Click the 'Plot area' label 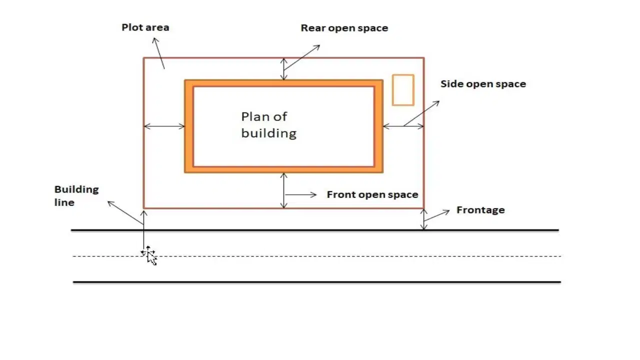tap(145, 27)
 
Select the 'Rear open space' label tap(344, 28)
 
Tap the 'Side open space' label tap(483, 84)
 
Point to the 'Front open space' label tap(372, 194)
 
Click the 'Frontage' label tap(480, 210)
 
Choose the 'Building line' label tap(76, 195)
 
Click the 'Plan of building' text tap(269, 125)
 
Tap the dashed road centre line tap(317, 256)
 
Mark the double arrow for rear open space tap(283, 69)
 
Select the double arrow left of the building tap(164, 126)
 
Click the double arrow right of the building tap(403, 126)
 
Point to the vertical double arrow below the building tap(283, 190)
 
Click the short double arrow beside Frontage tap(424, 219)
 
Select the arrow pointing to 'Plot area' tap(159, 53)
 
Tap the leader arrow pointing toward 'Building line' tap(125, 212)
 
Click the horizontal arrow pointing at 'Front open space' tap(301, 195)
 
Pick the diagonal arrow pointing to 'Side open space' tap(421, 113)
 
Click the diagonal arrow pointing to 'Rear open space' tap(302, 57)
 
